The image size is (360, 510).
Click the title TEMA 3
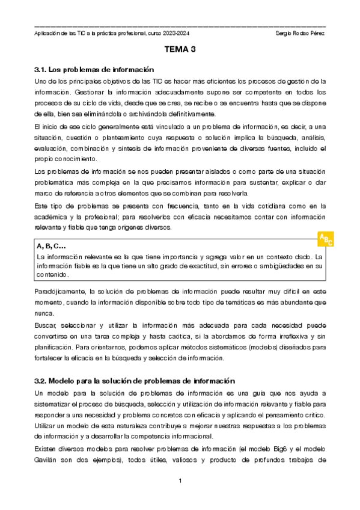click(x=180, y=51)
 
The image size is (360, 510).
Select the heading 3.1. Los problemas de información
click(x=94, y=69)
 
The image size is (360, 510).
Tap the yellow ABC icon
click(x=325, y=239)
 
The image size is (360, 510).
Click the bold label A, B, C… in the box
click(x=51, y=246)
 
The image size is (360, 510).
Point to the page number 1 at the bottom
click(x=180, y=481)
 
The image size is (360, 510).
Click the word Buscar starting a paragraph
click(x=46, y=325)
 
